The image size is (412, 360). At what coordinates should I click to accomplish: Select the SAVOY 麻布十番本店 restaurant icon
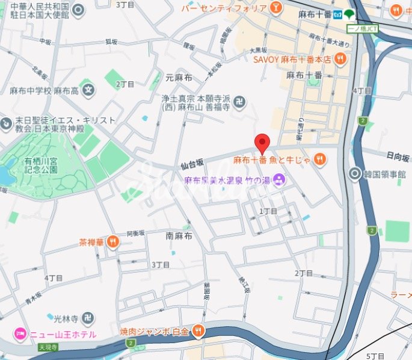pyautogui.click(x=341, y=59)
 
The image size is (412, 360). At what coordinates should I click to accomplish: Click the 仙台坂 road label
pyautogui.click(x=192, y=163)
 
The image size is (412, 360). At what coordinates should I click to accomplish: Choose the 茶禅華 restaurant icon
pyautogui.click(x=112, y=242)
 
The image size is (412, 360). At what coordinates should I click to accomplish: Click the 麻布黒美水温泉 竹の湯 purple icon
pyautogui.click(x=279, y=179)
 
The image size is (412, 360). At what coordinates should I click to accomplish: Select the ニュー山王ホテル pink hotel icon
pyautogui.click(x=19, y=334)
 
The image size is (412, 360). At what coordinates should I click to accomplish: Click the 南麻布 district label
pyautogui.click(x=179, y=237)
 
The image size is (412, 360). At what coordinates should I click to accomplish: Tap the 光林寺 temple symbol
pyautogui.click(x=88, y=317)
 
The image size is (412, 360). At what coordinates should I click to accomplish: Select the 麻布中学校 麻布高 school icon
pyautogui.click(x=89, y=91)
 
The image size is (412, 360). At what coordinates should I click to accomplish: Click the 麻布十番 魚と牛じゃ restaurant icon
pyautogui.click(x=319, y=160)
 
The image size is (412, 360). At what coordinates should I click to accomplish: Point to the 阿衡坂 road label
pyautogui.click(x=137, y=234)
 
